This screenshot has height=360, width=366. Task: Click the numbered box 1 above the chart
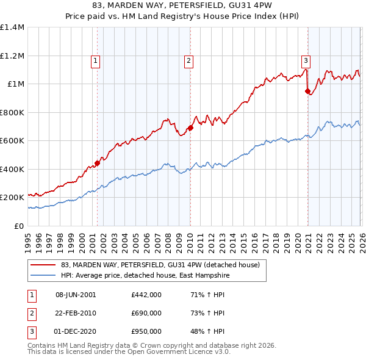96,60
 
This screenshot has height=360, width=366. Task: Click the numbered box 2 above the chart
189,60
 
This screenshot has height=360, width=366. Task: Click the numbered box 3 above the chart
306,60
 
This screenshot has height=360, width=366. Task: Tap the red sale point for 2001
97,164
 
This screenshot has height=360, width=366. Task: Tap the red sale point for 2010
190,128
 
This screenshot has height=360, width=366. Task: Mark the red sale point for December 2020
307,92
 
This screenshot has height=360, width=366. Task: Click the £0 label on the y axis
18,226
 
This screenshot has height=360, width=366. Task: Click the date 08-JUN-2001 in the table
76,295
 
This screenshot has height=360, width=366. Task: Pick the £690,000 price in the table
146,313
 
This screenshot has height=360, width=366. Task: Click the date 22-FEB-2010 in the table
76,313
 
